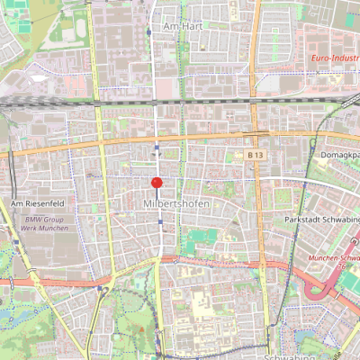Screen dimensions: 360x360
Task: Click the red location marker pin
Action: [x=157, y=184]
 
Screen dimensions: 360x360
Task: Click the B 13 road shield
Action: [x=256, y=156]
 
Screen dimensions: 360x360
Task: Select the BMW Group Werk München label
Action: [x=47, y=224]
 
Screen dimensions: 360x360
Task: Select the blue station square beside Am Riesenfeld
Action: [x=16, y=242]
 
